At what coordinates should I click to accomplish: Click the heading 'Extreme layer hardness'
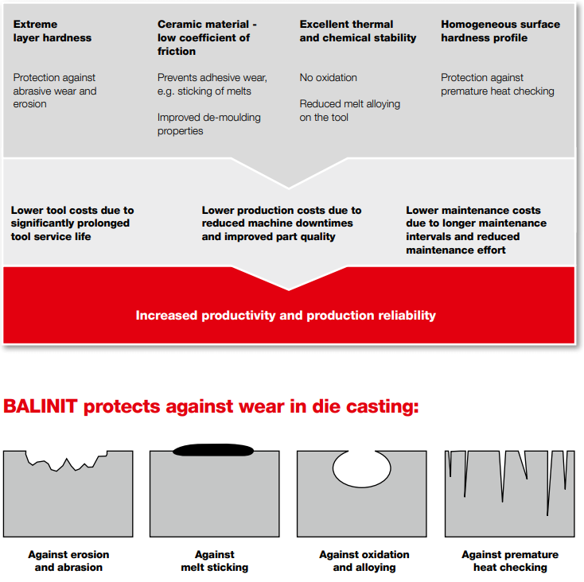point(53,31)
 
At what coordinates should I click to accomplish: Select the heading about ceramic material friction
point(207,37)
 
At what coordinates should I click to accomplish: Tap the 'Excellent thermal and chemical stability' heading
point(357,31)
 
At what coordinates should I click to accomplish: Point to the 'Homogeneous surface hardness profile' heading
point(500,31)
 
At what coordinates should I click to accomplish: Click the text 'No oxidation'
point(328,77)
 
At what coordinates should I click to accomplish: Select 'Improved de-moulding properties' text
point(209,124)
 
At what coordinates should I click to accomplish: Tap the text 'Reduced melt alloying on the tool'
point(350,111)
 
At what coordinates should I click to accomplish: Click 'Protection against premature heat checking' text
point(497,84)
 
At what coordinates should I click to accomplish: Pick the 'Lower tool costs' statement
point(72,223)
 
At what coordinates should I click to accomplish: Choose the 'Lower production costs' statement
point(282,223)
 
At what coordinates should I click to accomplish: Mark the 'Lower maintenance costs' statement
point(476,230)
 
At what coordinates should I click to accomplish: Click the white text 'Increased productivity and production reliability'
point(286,315)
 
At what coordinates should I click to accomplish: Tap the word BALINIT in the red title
point(41,406)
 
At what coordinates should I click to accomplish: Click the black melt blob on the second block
point(213,450)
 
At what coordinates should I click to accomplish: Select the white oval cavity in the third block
point(362,468)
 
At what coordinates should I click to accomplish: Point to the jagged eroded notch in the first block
point(66,460)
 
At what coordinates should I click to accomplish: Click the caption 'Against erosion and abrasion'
point(68,561)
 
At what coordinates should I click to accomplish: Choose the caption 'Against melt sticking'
point(215,561)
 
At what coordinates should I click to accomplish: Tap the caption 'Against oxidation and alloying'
point(364,561)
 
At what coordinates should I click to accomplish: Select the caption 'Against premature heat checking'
point(510,561)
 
